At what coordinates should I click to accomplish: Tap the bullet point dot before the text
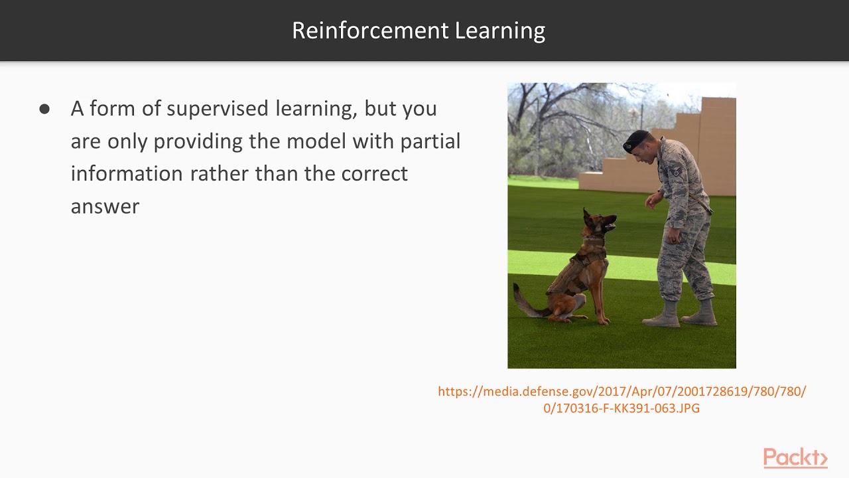[44, 110]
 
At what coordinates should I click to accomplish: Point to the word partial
[430, 141]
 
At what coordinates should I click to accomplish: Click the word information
[127, 174]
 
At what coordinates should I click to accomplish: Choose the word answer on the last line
[105, 206]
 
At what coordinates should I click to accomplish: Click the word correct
[374, 174]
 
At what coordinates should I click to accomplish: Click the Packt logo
[795, 458]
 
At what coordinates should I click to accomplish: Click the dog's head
[598, 224]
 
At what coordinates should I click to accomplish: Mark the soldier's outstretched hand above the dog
[653, 199]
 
